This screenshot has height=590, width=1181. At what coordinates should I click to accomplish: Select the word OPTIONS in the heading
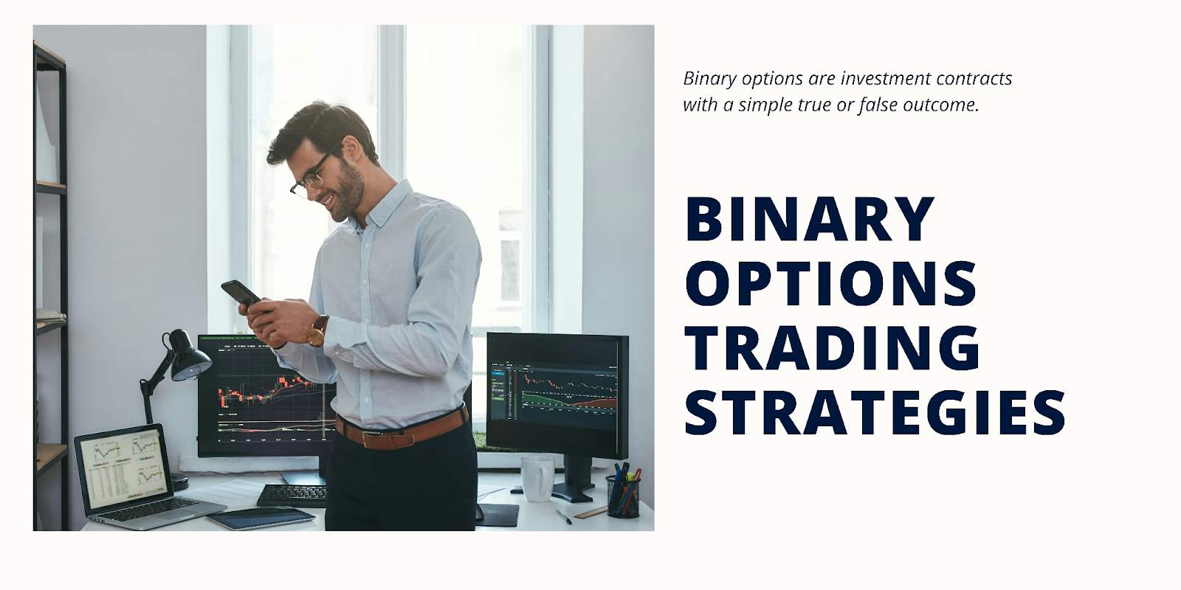coord(830,283)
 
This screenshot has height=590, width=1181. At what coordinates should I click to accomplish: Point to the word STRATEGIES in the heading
coord(875,412)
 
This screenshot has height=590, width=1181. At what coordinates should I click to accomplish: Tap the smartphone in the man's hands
coord(241,293)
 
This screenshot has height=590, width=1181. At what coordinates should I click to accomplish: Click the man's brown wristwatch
coord(318,331)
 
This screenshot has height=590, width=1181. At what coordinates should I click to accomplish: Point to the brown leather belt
coord(402,430)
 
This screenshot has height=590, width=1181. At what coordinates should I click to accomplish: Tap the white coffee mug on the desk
coord(536,479)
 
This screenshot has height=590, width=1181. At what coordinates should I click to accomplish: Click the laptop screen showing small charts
coord(125,468)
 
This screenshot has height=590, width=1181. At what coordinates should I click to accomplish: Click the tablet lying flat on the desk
coord(261,518)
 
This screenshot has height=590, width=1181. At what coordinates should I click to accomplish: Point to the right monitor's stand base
coord(573,493)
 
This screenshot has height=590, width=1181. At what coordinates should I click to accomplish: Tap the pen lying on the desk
coord(564,516)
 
